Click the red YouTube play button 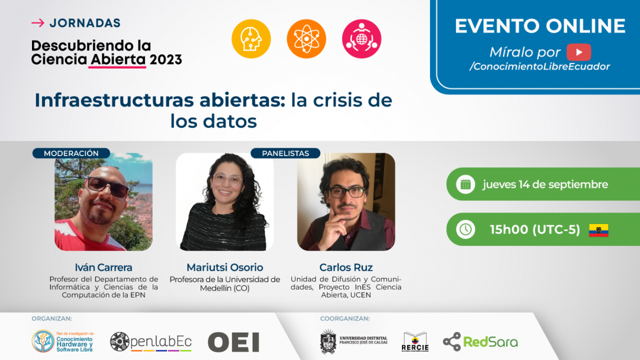tap(579, 52)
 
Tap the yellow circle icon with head tap(251, 39)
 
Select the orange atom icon tap(306, 39)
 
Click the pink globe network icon tap(362, 39)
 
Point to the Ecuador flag tap(599, 230)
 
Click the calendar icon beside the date tap(465, 184)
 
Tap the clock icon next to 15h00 tap(465, 229)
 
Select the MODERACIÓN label tap(71, 153)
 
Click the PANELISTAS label tap(285, 153)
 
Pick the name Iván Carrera tap(104, 267)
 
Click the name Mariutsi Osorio tap(225, 267)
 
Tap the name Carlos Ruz tap(346, 267)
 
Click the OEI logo tap(234, 342)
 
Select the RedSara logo tap(481, 341)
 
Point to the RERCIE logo tap(415, 341)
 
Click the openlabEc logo tap(151, 341)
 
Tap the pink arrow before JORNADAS tap(38, 23)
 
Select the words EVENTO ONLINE tap(540, 26)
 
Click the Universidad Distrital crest tap(328, 341)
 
